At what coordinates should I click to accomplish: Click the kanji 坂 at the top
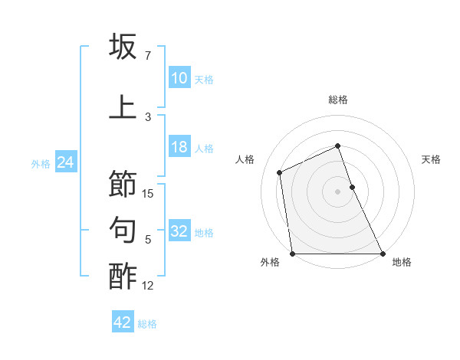point(123,47)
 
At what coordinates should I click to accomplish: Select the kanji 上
point(123,106)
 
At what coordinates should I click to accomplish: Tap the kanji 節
point(123,185)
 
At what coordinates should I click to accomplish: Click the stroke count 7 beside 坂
point(148,56)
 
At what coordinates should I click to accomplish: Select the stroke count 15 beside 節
point(149,194)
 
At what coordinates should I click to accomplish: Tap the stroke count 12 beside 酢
point(149,286)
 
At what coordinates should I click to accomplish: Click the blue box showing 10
point(179,78)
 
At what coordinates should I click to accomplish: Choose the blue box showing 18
point(179,147)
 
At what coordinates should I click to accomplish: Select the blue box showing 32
point(179,231)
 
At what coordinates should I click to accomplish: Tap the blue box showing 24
point(65,162)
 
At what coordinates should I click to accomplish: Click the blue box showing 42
point(123,322)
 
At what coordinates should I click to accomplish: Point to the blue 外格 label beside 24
point(41,163)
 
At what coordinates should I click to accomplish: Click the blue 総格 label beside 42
point(147,324)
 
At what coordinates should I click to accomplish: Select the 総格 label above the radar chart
point(338,100)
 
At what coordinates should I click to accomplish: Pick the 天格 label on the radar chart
point(431,159)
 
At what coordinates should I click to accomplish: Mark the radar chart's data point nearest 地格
point(383,254)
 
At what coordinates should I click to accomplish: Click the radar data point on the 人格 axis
point(280,172)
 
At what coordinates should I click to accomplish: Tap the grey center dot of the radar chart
point(338,191)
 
